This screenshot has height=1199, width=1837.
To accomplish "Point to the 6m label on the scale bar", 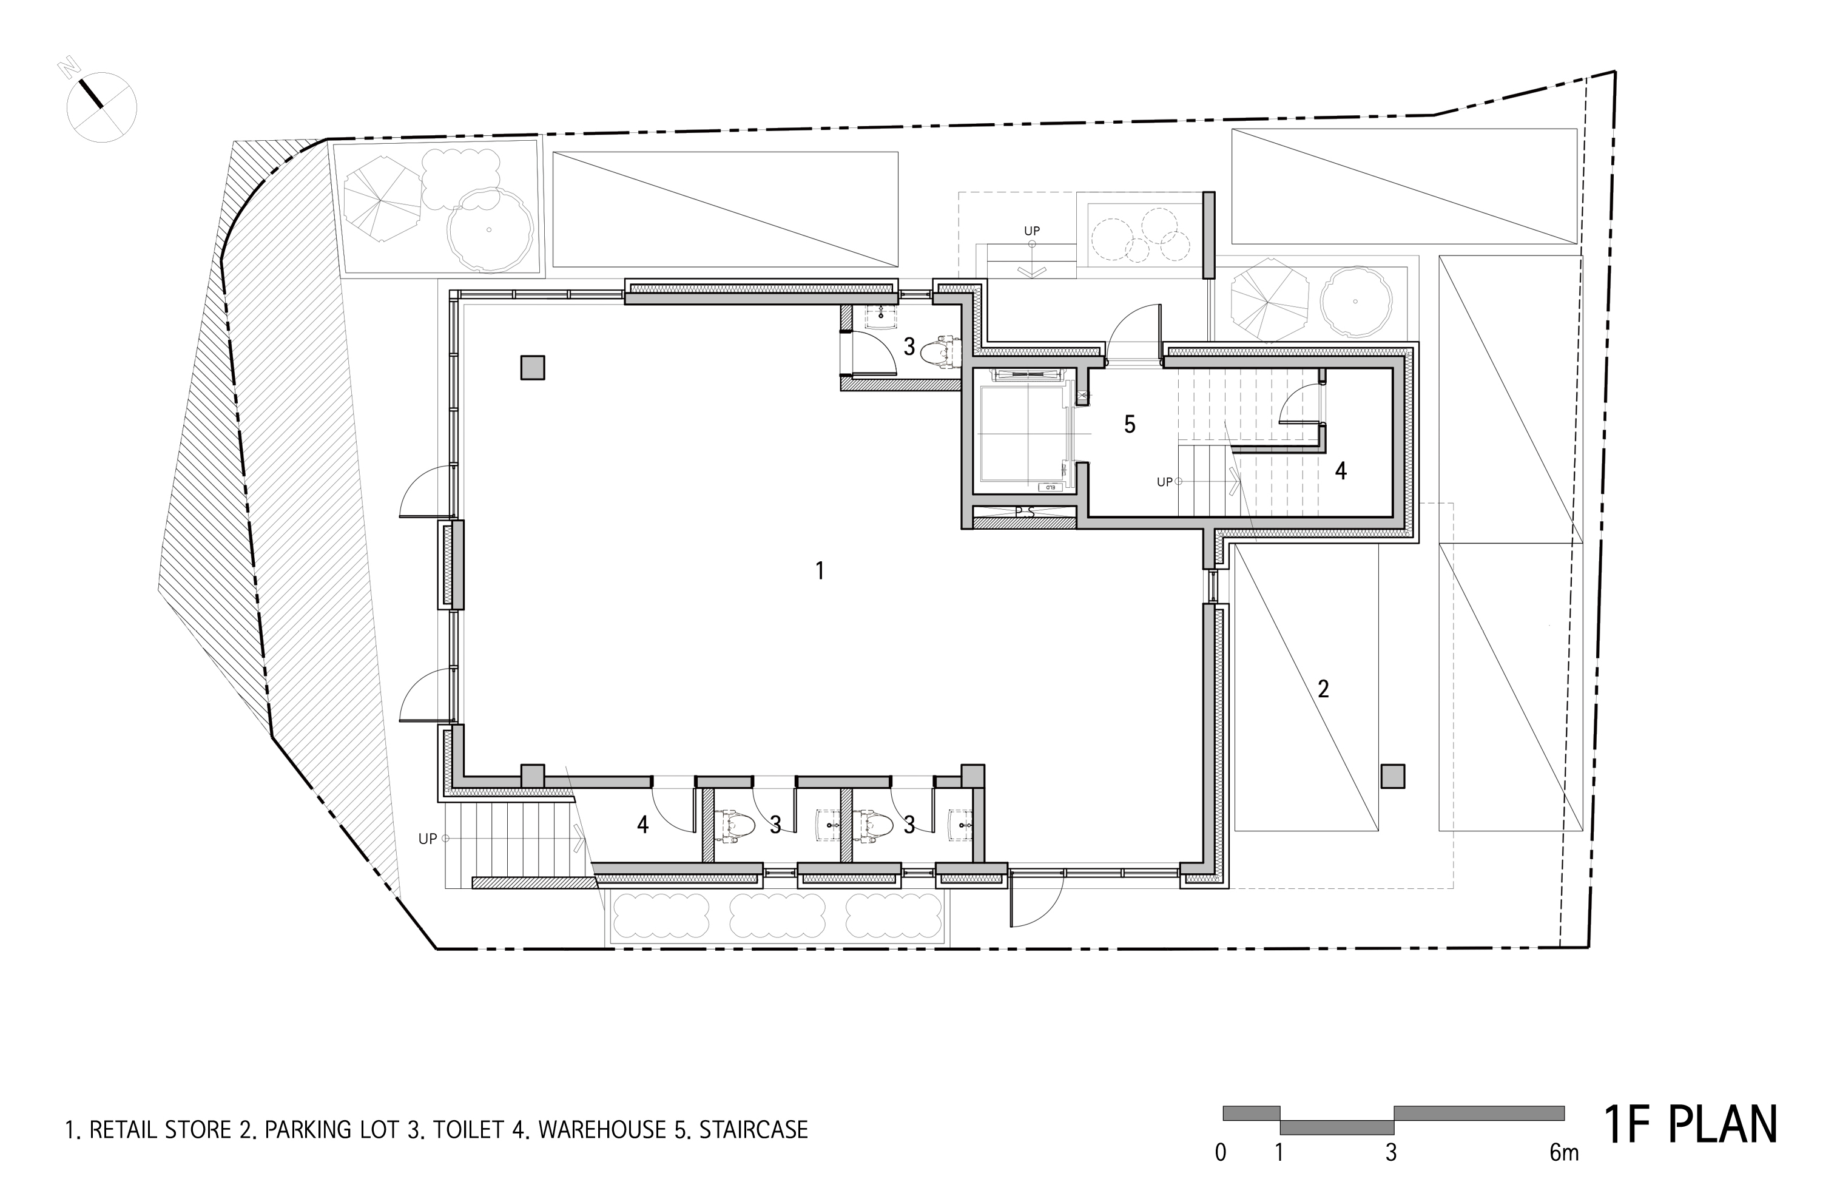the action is pos(1564,1153).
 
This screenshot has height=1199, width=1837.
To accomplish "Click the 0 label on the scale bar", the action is pos(1220,1153).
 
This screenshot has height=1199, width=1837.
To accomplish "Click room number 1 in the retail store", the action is pos(820,570).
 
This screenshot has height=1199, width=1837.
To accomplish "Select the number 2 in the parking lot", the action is pos(1323,689).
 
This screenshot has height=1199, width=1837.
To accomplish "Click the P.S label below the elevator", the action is pos(1024,512).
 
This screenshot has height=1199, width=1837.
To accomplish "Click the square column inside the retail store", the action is pos(533,368).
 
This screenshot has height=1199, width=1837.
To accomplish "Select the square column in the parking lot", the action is pos(1392,776).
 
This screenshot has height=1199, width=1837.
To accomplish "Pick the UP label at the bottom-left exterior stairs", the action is pos(428,839).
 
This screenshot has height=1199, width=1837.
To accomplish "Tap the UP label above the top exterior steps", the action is pos(1032,230).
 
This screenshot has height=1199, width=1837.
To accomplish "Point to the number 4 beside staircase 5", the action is pos(1341,470).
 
